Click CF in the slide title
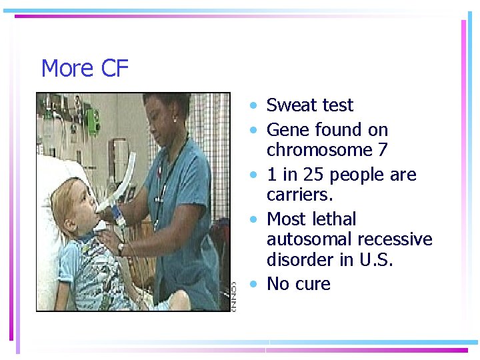tap(114, 69)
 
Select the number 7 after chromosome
tap(382, 150)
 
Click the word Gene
tap(288, 129)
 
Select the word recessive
tap(395, 239)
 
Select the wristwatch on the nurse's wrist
tap(121, 247)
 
